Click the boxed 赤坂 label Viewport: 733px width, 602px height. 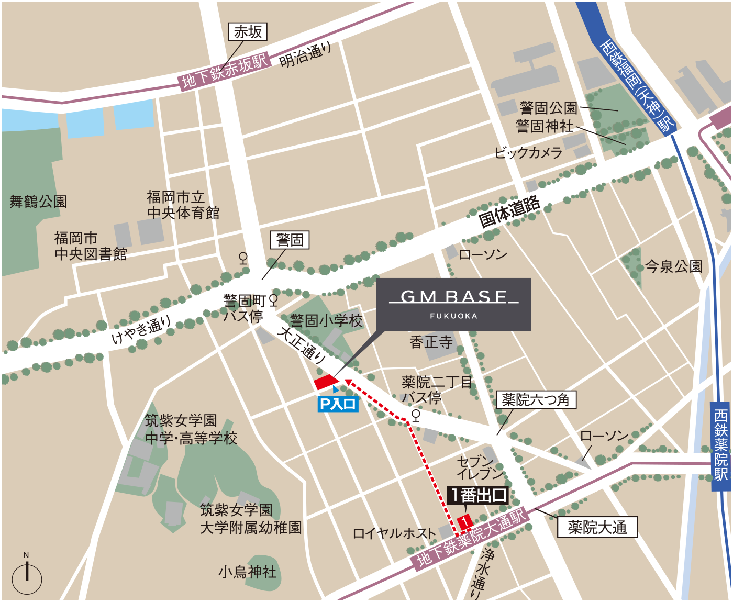pyautogui.click(x=248, y=32)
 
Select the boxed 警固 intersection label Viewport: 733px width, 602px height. pyautogui.click(x=290, y=240)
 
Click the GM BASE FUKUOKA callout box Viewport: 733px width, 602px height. pyautogui.click(x=453, y=304)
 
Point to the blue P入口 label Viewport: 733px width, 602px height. pyautogui.click(x=338, y=404)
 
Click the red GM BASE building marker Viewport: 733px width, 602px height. pyautogui.click(x=325, y=382)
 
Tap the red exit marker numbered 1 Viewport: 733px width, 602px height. pyautogui.click(x=465, y=522)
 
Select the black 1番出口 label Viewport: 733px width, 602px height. pyautogui.click(x=478, y=495)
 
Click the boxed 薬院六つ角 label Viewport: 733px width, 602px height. pyautogui.click(x=536, y=400)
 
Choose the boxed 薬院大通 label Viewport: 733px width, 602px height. pyautogui.click(x=597, y=527)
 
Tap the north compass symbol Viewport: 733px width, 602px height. pyautogui.click(x=27, y=576)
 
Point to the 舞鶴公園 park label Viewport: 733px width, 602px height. pyautogui.click(x=38, y=202)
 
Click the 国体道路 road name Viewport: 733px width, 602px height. pyautogui.click(x=509, y=211)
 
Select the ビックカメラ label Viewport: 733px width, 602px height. pyautogui.click(x=528, y=153)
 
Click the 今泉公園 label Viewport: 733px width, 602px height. pyautogui.click(x=673, y=266)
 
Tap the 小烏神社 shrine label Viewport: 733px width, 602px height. pyautogui.click(x=247, y=572)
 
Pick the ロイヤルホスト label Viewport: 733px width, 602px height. pyautogui.click(x=394, y=533)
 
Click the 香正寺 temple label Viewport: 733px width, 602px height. pyautogui.click(x=430, y=342)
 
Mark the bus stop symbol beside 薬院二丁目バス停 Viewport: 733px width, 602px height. pyautogui.click(x=416, y=416)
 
